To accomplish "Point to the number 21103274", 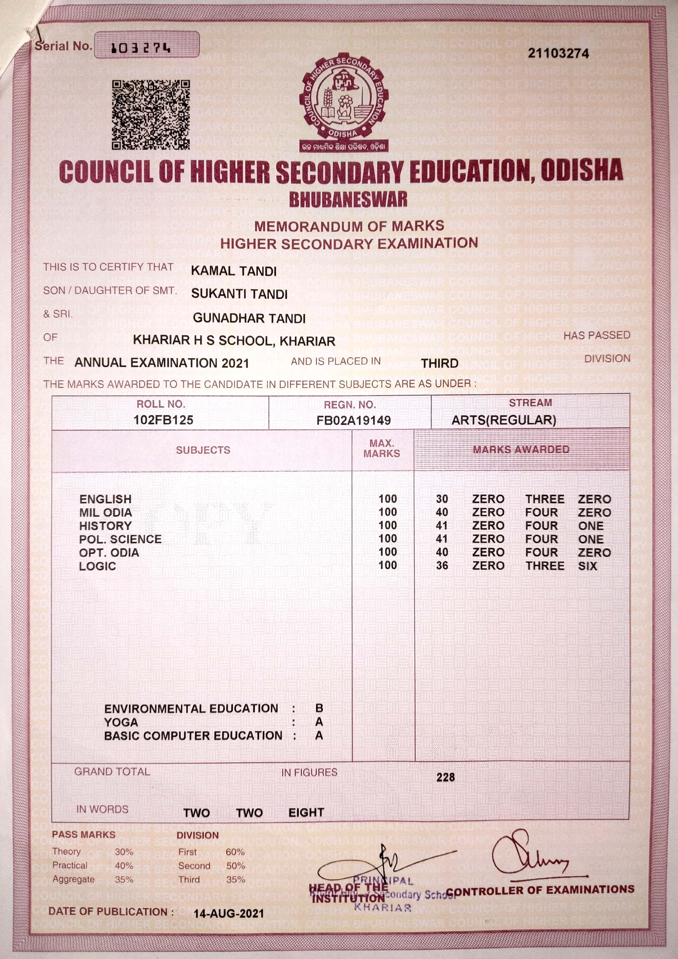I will click(x=558, y=53).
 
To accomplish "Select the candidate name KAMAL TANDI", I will click(x=234, y=271).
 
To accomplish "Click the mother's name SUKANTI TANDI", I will click(x=239, y=294).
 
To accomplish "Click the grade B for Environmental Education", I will click(x=319, y=708).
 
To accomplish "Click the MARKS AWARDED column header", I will click(x=521, y=449).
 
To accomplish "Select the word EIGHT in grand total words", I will click(x=306, y=812).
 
